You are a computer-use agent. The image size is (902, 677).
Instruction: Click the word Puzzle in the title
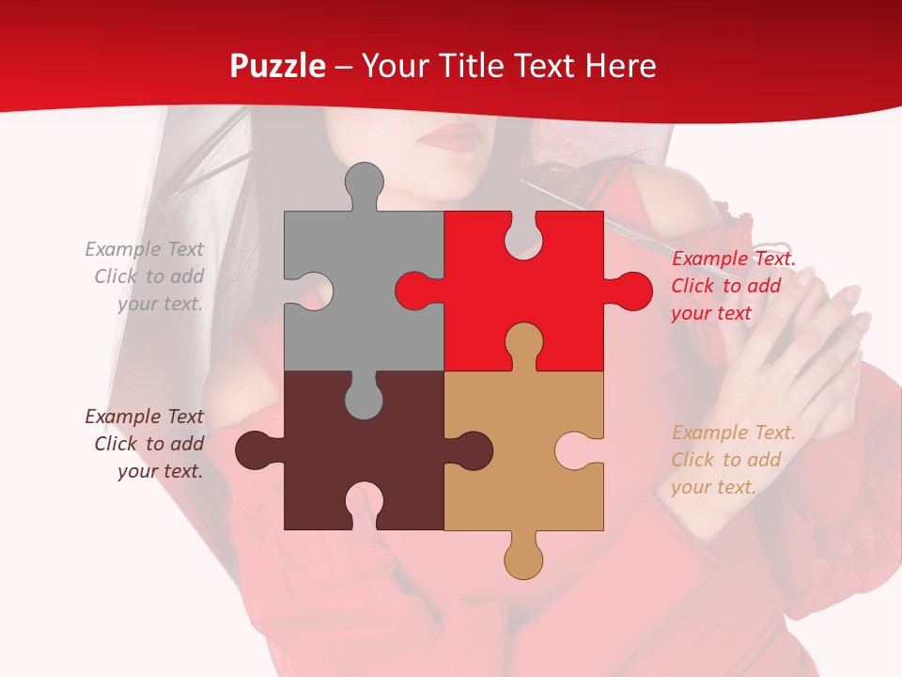(x=278, y=67)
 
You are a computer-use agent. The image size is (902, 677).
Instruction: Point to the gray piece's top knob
(x=364, y=182)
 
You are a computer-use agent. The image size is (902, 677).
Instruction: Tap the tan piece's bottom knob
(x=523, y=559)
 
